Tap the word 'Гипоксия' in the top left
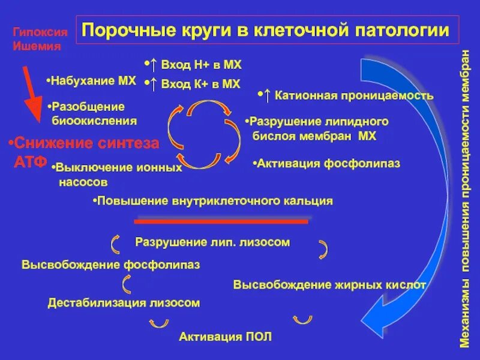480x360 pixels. (37, 34)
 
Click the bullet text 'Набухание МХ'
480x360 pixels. (92, 80)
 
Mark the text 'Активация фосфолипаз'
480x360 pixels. (327, 163)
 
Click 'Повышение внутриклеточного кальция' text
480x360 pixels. (214, 201)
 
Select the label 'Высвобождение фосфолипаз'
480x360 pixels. (111, 264)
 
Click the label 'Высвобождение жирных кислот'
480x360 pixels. (329, 284)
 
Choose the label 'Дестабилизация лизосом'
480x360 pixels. (124, 303)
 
